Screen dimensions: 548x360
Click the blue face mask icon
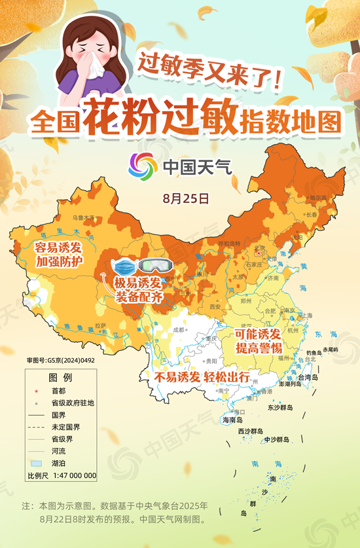124,266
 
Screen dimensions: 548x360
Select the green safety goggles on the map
154,266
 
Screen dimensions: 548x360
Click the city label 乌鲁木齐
83,217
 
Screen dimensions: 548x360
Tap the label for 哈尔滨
317,197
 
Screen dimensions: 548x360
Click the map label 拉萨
100,325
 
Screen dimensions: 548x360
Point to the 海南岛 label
232,420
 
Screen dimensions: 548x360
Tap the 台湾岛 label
307,378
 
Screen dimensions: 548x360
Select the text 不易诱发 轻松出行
202,378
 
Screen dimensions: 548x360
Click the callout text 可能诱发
257,335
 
